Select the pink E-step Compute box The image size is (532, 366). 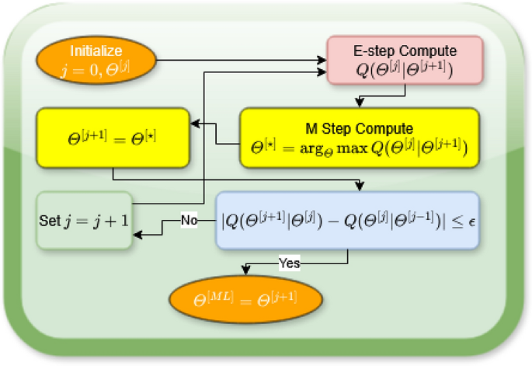[404, 62]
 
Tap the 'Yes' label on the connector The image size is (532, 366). [289, 263]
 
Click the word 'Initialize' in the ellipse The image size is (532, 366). [96, 51]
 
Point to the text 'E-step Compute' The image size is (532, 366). [404, 51]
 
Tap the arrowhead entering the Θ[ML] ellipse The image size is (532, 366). [247, 271]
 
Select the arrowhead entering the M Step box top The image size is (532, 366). [359, 103]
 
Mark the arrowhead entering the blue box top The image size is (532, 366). [359, 187]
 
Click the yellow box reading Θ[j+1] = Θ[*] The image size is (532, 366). [113, 138]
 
